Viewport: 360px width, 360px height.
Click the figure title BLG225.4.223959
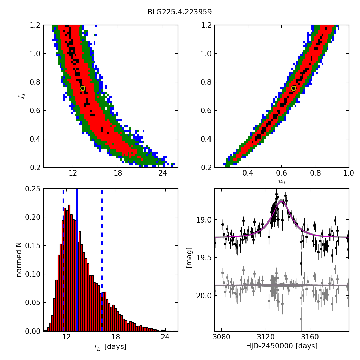pos(179,12)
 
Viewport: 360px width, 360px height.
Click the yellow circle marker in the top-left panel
pos(83,88)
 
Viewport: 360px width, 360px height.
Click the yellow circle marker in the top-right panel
pos(293,88)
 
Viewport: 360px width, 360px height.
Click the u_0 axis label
pos(281,182)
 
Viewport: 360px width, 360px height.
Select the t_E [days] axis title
pos(110,347)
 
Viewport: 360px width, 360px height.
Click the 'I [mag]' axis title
pos(189,260)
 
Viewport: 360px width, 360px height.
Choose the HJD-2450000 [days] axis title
pos(281,346)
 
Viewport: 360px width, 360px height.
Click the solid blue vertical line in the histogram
pos(77,260)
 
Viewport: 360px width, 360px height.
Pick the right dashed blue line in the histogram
pos(102,260)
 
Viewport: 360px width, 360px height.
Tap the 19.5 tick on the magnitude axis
pos(204,257)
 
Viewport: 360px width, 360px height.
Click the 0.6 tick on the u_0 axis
pos(281,173)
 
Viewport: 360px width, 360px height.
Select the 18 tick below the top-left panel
pos(118,173)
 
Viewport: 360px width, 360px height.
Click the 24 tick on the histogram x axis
pos(165,337)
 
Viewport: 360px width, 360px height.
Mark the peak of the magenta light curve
pos(281,202)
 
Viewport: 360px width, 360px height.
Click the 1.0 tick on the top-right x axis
pos(349,173)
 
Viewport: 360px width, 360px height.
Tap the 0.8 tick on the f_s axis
pos(34,82)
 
